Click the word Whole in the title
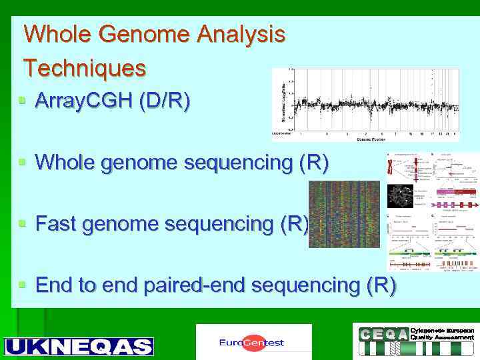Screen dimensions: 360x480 tap(55, 33)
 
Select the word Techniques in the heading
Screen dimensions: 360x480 tap(85, 67)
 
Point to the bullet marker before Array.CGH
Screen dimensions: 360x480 tap(22, 101)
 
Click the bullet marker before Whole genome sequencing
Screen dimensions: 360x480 tap(22, 162)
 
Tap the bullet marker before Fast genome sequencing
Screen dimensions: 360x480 tap(22, 224)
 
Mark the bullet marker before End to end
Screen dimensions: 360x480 tap(22, 285)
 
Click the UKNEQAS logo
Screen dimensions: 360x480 tap(79, 347)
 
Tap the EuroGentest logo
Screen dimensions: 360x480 tap(253, 343)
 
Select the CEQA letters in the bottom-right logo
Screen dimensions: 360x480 tap(383, 334)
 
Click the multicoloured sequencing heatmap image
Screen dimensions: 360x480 tap(344, 214)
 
